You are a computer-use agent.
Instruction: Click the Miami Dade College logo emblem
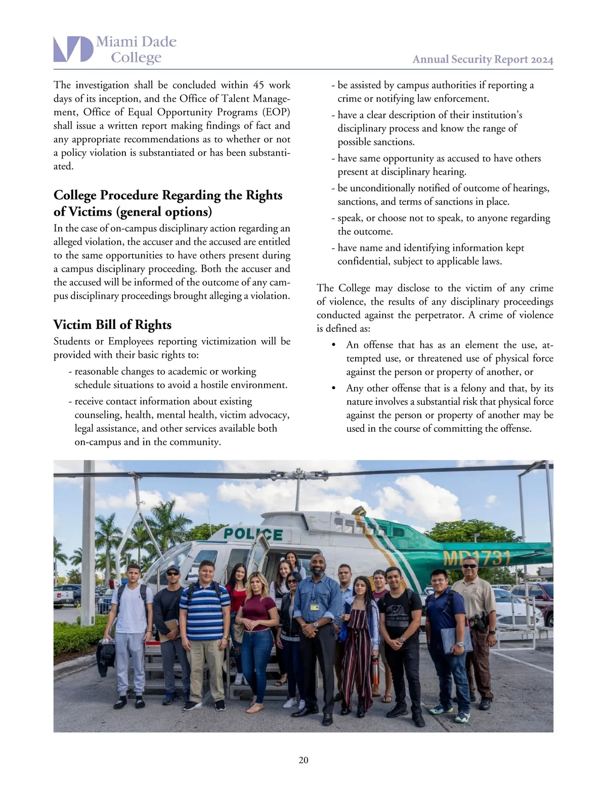coord(73,49)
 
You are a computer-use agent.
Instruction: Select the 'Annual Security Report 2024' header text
coord(483,59)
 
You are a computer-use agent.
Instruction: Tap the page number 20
coord(303,760)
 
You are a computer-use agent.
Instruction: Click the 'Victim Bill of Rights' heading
coord(112,324)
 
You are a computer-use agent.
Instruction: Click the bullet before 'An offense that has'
coord(333,345)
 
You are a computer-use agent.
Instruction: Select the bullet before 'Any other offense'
coord(333,389)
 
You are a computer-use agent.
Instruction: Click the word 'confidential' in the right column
coord(363,261)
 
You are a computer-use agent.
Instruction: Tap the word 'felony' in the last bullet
coord(472,388)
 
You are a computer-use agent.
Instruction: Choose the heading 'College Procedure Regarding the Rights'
coord(168,195)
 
